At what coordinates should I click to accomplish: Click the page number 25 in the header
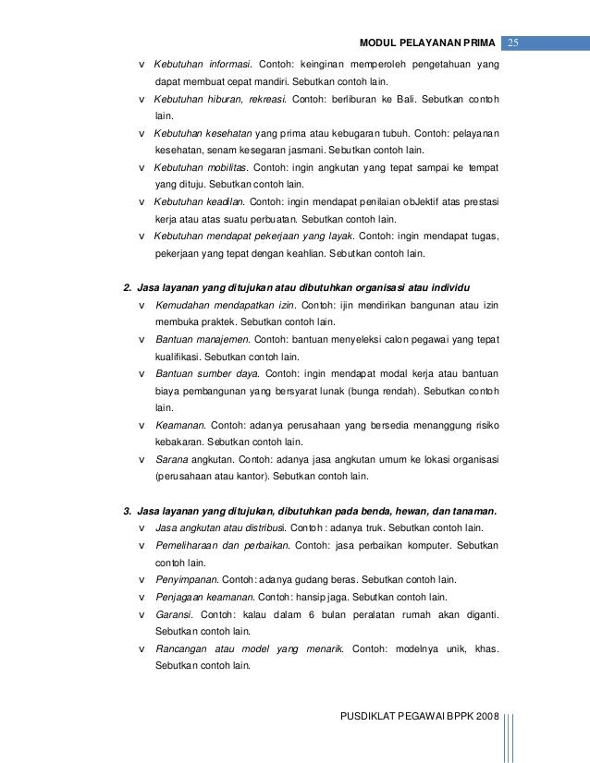[514, 42]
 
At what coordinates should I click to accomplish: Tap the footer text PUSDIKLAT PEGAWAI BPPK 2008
[418, 718]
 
